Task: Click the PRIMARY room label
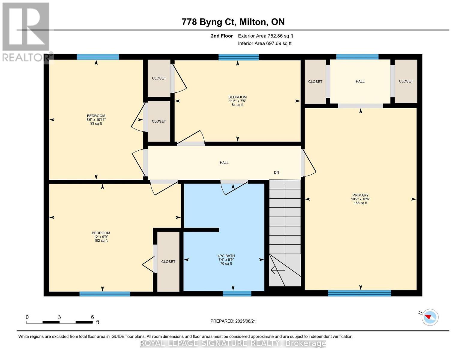[x=360, y=195]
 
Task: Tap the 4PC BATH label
[x=226, y=256]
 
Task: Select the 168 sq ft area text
[x=360, y=203]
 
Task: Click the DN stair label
[x=276, y=172]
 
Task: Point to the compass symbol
[x=430, y=317]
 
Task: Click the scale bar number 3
[x=59, y=317]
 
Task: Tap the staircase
[x=285, y=233]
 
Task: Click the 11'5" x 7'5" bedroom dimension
[x=237, y=101]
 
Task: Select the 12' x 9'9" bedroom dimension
[x=101, y=237]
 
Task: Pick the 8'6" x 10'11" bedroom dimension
[x=96, y=120]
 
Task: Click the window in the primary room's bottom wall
[x=359, y=293]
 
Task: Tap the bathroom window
[x=237, y=293]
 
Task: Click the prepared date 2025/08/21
[x=245, y=321]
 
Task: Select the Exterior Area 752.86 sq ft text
[x=266, y=36]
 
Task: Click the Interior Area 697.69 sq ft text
[x=265, y=43]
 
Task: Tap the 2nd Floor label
[x=222, y=36]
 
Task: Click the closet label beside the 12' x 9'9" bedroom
[x=168, y=262]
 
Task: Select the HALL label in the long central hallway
[x=224, y=163]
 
